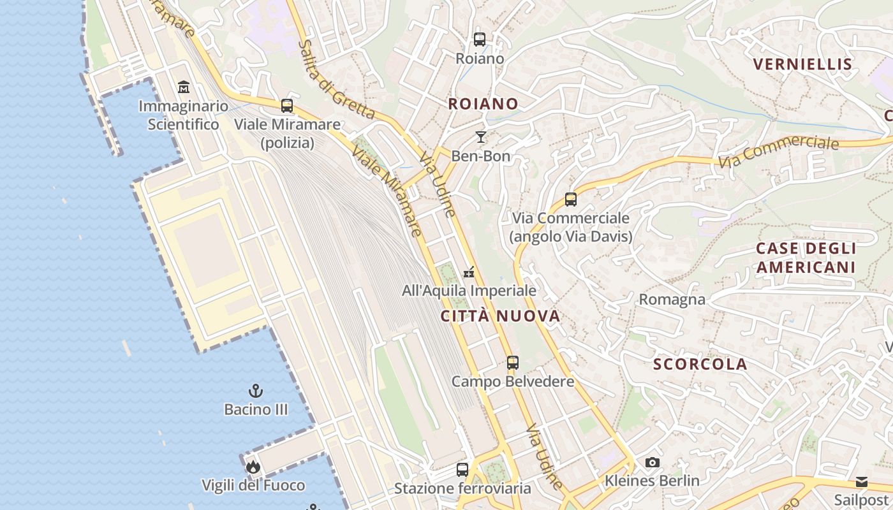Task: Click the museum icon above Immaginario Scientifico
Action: tap(184, 87)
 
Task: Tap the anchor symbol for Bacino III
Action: tap(256, 390)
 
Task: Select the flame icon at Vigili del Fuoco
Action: tap(253, 467)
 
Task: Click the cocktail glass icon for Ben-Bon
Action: tap(481, 137)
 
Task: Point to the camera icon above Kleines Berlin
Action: tap(652, 462)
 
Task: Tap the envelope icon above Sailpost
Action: tap(862, 482)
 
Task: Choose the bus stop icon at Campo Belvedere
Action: tap(513, 363)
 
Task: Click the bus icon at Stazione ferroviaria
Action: tap(462, 470)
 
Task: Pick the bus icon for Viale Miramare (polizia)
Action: tap(287, 105)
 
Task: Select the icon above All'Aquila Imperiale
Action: tap(469, 272)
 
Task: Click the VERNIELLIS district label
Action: tap(802, 64)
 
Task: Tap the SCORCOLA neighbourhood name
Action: tap(700, 364)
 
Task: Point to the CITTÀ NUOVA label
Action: tap(500, 316)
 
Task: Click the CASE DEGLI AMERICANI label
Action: tap(806, 258)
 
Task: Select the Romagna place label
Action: tap(672, 300)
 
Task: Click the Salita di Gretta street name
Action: tap(336, 80)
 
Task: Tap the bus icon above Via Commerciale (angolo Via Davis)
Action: tap(571, 200)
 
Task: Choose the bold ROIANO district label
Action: tap(483, 103)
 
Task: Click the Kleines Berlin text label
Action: tap(652, 481)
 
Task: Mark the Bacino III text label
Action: tap(256, 409)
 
